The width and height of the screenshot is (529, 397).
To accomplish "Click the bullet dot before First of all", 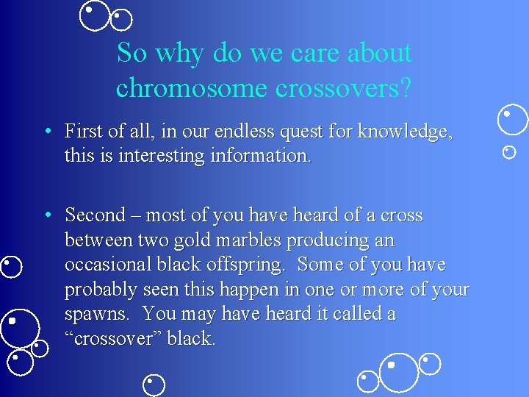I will pos(46,132).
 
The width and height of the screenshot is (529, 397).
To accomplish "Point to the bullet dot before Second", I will pos(46,215).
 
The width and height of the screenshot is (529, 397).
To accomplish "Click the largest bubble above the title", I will pos(94,15).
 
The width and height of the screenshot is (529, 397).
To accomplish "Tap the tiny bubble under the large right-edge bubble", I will pos(509,152).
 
